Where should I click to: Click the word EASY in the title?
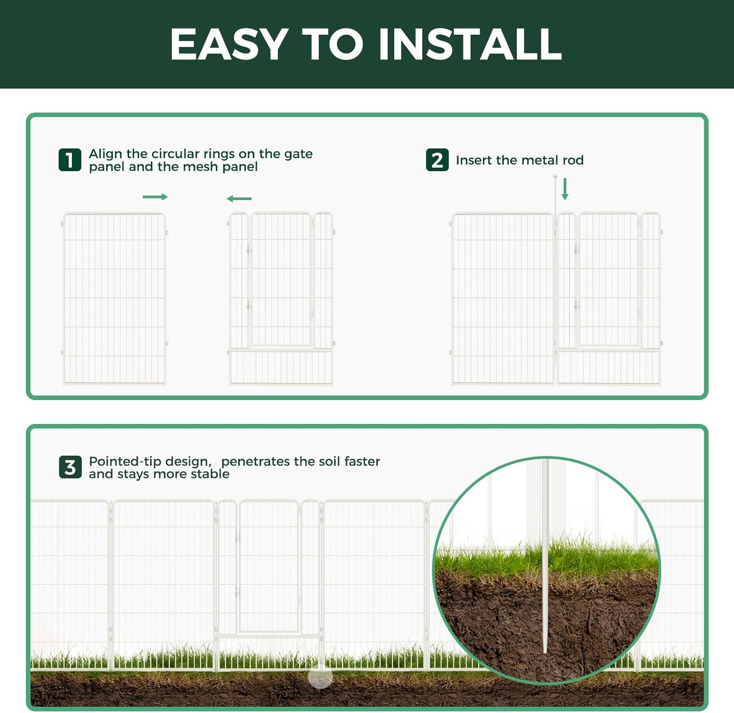point(229,44)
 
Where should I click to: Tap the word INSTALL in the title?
point(470,44)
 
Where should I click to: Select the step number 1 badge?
point(70,160)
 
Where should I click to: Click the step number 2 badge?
point(437,160)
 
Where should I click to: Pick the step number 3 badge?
point(70,467)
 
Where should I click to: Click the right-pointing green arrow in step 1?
point(155,197)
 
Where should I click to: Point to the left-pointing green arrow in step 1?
point(239,199)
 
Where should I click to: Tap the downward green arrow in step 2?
point(565,189)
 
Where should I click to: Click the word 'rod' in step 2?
point(573,160)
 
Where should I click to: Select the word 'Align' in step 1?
point(105,154)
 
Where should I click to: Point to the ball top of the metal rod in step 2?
point(555,176)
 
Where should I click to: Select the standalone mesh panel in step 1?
point(115,298)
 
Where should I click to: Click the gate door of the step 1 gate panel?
point(280,279)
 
